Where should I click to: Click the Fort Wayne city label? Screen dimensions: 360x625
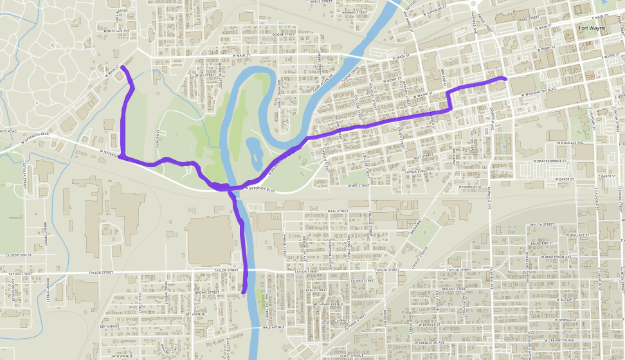click(x=592, y=28)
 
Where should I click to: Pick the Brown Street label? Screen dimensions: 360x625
click(x=207, y=292)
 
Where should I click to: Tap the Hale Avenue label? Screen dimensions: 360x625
click(x=273, y=327)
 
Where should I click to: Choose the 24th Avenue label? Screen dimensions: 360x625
click(x=120, y=355)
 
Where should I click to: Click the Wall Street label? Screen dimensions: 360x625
click(x=337, y=211)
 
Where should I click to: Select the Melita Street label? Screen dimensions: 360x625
click(x=542, y=224)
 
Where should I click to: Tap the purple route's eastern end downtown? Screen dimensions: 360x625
click(x=505, y=78)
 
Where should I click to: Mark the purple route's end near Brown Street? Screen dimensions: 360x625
click(x=244, y=292)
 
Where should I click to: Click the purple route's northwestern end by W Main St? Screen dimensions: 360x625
click(x=122, y=67)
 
